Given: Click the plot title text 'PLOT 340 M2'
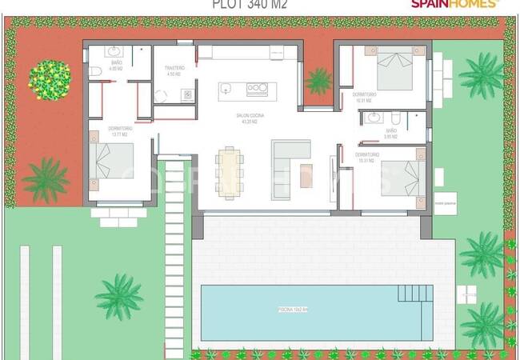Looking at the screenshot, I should pos(250,4).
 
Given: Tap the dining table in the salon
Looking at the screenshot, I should pos(230,168).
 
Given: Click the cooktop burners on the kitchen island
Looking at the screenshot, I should pos(256,89).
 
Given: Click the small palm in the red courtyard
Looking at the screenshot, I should pos(319,79).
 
